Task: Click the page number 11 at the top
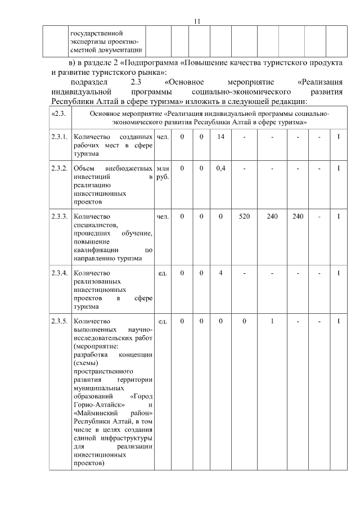[x=197, y=21]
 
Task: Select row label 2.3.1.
[x=59, y=137]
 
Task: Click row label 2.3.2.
[x=59, y=169]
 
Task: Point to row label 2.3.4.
[x=59, y=273]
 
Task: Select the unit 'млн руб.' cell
[x=163, y=173]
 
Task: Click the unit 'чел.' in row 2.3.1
[x=163, y=137]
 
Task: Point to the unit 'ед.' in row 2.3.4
[x=163, y=273]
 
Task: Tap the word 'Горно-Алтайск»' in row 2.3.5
[x=94, y=404]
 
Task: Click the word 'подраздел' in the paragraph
[x=87, y=82]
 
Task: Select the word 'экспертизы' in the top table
[x=89, y=41]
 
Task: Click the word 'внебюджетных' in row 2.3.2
[x=133, y=169]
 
